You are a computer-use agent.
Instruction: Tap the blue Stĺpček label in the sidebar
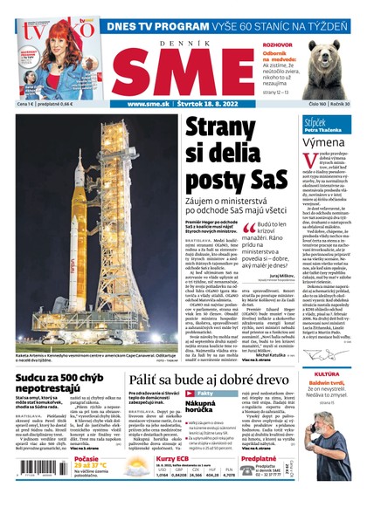point(315,123)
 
